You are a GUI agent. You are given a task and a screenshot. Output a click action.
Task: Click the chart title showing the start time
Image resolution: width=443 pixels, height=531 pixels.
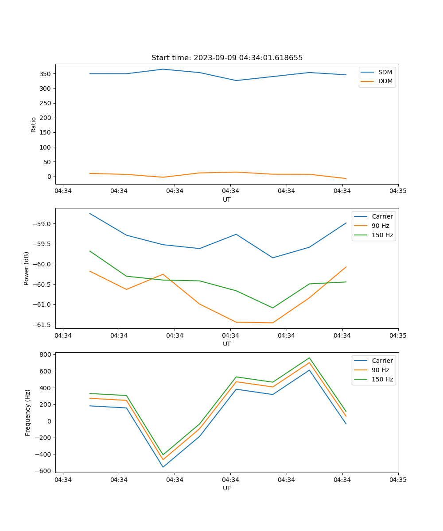click(227, 58)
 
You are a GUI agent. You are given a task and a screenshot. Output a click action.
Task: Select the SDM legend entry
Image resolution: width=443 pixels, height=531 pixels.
click(385, 72)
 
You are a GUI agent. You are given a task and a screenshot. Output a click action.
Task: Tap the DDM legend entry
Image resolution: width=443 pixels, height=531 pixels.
click(385, 81)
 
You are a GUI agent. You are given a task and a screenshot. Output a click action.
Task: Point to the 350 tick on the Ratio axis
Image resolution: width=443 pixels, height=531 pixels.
click(46, 74)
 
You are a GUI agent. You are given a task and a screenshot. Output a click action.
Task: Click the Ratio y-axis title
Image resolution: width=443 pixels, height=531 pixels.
click(34, 124)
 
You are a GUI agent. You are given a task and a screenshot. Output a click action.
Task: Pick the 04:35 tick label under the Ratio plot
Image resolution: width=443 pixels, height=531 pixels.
click(398, 191)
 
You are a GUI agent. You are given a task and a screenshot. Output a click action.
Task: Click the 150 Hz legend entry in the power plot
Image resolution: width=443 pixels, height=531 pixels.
click(382, 235)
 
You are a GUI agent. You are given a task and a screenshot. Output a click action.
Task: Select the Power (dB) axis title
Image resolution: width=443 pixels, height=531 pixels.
click(27, 268)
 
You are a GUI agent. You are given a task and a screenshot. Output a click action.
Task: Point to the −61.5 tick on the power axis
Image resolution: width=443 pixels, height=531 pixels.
click(42, 325)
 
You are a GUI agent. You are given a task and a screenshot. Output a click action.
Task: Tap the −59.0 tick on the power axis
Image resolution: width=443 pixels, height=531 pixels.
click(42, 224)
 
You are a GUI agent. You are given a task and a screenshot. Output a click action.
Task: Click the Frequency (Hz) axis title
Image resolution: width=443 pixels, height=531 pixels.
click(27, 412)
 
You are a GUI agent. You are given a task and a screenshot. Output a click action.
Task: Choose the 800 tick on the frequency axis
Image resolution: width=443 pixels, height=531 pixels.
click(45, 354)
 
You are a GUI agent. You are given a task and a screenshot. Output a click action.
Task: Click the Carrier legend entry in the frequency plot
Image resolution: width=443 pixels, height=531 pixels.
click(382, 361)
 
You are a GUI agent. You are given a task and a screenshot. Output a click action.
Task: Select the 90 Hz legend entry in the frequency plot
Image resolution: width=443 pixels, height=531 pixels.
click(380, 370)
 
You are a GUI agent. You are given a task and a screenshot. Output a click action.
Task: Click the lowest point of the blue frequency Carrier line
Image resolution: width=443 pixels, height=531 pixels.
click(163, 467)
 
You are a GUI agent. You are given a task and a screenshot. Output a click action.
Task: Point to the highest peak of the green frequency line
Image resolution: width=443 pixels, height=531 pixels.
click(309, 358)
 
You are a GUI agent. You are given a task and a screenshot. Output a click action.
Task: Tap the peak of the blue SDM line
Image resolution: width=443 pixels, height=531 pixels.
click(163, 69)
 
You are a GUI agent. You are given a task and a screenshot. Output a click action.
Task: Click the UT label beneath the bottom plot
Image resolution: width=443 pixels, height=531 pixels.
click(227, 488)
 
